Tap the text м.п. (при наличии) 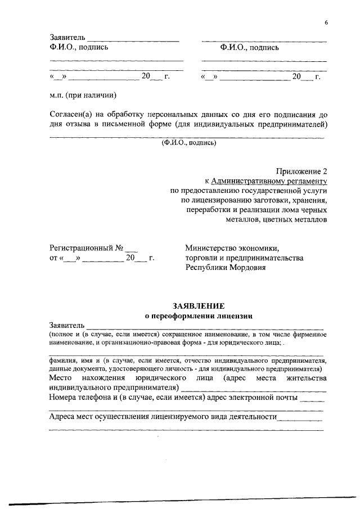coord(82,95)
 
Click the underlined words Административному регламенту coord(269,181)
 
